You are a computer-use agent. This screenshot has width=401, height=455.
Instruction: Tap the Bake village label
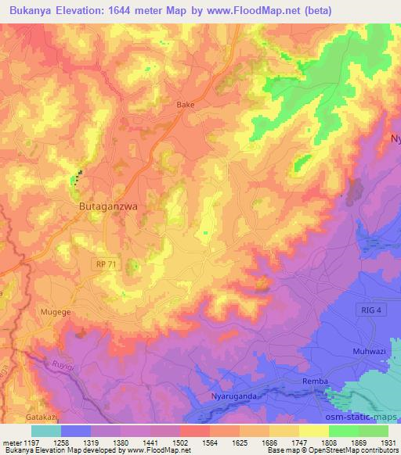click(186, 104)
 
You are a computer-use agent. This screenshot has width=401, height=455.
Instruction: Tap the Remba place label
click(314, 381)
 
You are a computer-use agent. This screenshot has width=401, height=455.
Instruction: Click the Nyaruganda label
click(233, 397)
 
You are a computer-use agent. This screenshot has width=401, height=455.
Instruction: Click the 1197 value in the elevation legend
click(31, 442)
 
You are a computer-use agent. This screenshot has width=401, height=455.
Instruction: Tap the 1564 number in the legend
click(210, 442)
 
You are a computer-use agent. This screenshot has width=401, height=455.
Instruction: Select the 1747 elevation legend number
click(298, 442)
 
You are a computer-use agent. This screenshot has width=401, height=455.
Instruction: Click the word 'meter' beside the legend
click(10, 442)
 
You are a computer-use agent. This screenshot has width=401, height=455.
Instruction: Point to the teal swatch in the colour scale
click(46, 431)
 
